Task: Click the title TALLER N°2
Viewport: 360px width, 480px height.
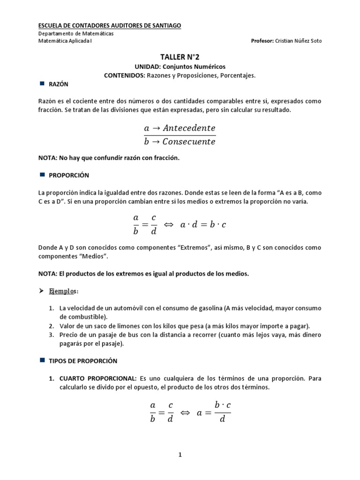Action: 180,57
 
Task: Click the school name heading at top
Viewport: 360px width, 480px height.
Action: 109,25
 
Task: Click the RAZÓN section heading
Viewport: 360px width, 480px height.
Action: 59,84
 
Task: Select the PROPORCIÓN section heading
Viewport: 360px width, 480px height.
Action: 69,175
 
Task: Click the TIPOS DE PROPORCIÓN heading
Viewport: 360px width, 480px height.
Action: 83,361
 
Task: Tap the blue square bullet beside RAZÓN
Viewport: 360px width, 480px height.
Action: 41,84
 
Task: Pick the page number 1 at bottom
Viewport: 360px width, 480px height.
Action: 180,454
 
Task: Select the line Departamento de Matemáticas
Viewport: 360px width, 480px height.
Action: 75,33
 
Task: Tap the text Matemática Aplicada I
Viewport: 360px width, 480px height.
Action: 65,41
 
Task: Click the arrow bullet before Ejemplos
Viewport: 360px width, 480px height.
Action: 41,291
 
